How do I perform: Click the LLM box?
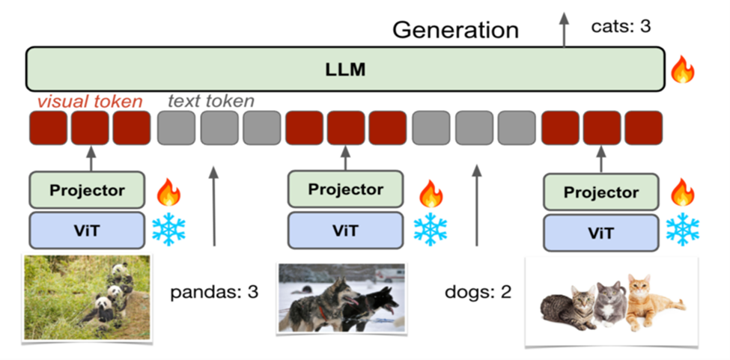tap(345, 69)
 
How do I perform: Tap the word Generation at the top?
tap(455, 30)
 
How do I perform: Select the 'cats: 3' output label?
tap(621, 26)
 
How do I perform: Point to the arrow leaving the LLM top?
tap(565, 29)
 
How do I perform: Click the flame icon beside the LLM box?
tap(683, 70)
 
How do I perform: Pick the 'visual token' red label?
tap(90, 101)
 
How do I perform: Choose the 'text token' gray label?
tap(211, 101)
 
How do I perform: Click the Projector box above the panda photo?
tap(87, 190)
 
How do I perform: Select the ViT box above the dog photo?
tap(345, 231)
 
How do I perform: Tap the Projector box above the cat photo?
tap(601, 192)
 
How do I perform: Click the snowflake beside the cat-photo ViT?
tap(683, 229)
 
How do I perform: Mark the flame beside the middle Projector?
tap(431, 194)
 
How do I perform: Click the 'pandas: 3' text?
tap(214, 293)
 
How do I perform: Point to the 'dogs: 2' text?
tap(478, 292)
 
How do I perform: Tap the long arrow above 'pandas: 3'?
tap(213, 206)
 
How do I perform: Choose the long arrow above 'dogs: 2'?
tap(476, 206)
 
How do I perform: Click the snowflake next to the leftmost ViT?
tap(168, 229)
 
